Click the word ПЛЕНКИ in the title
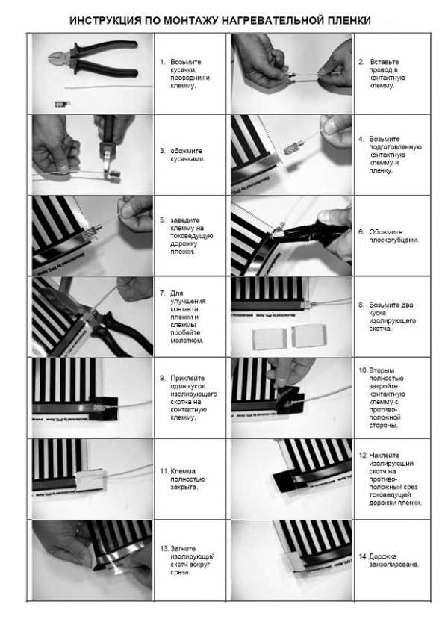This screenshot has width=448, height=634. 349,20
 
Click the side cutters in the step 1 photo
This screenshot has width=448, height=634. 93,60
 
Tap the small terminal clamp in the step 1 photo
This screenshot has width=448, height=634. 62,104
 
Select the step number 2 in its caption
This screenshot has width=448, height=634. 361,62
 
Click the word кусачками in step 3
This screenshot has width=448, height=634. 187,159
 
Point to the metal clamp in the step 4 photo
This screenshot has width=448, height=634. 293,149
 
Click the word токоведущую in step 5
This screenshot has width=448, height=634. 191,236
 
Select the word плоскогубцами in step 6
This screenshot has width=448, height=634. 393,240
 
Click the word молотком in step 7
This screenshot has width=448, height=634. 187,341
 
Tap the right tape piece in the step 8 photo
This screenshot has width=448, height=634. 308,335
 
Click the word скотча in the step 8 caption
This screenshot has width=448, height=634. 380,329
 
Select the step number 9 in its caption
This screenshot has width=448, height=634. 162,378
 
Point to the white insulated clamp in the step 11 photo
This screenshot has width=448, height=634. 90,479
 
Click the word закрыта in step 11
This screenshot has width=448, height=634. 184,487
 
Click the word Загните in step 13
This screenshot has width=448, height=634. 183,549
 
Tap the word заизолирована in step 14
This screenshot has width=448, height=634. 393,564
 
